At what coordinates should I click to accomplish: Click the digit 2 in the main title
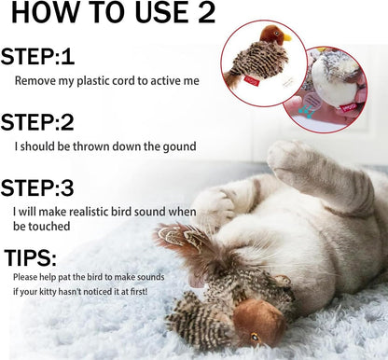pos(206,12)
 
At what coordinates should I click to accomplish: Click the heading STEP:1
pos(37,57)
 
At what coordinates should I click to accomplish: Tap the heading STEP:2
pos(37,122)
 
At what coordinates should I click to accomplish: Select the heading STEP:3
pos(37,187)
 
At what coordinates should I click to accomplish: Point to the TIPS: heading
pos(31,257)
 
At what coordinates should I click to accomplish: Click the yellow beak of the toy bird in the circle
pos(287,37)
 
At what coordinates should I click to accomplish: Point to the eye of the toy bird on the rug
pos(256,337)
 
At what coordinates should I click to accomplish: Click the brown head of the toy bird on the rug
pos(258,320)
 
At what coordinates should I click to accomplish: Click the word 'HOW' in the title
pos(45,13)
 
